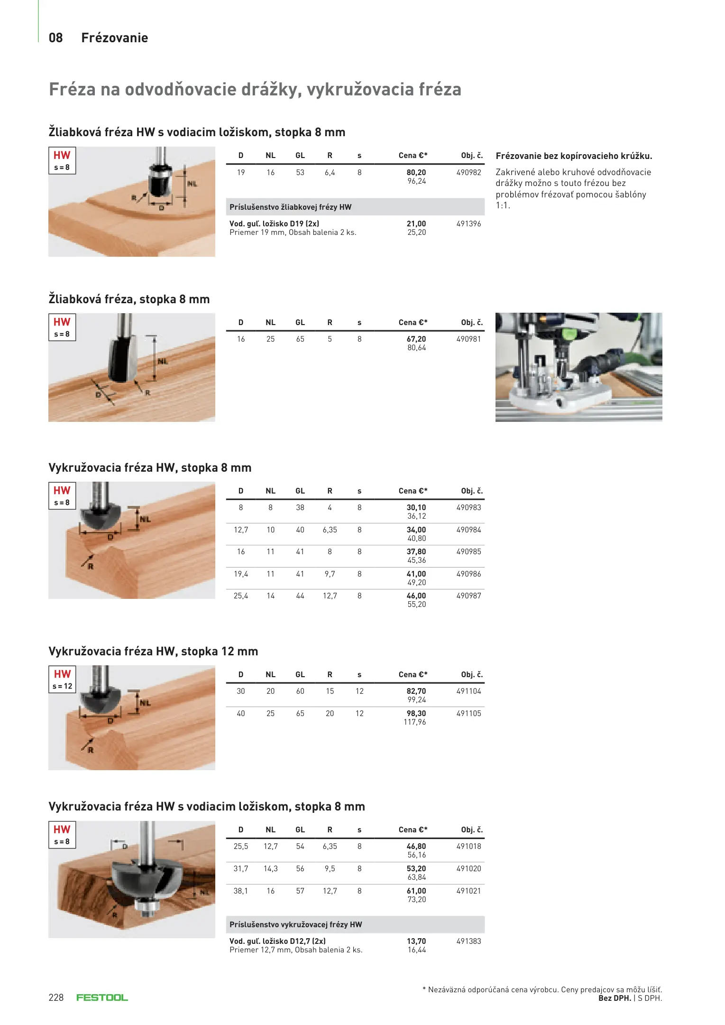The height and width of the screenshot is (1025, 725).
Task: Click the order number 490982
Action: point(468,173)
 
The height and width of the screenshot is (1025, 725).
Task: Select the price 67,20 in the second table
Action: point(416,339)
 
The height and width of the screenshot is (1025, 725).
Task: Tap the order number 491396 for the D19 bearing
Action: point(468,224)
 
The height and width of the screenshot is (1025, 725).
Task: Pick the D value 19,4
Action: point(241,574)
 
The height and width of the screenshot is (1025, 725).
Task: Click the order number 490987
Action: point(468,596)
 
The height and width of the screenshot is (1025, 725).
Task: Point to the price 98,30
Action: point(416,714)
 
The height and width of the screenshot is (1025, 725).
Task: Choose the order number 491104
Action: point(468,691)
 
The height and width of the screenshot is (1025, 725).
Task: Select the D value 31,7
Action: point(241,869)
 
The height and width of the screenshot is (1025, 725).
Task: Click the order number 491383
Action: point(468,941)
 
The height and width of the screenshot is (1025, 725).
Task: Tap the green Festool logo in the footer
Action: point(102,997)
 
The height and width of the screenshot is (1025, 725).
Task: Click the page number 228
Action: point(56,997)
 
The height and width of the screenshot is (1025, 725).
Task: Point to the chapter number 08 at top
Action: point(56,38)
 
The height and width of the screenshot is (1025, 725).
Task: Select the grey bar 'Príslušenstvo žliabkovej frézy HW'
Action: point(355,207)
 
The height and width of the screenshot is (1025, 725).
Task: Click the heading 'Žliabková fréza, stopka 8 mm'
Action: point(129,299)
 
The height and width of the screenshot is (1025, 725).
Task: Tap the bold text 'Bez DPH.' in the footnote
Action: point(615,998)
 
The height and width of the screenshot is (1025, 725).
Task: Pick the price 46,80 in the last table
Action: point(416,847)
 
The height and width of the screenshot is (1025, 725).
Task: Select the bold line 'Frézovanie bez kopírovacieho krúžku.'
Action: point(574,156)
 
